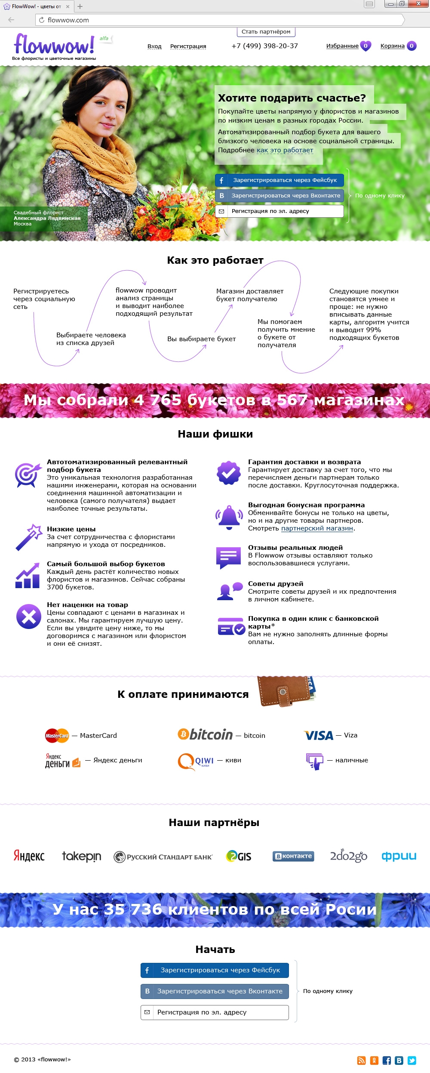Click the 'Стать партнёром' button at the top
[x=266, y=32]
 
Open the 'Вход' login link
[x=154, y=46]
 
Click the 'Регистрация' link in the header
[x=188, y=46]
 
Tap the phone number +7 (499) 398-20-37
[x=264, y=46]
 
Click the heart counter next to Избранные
[x=365, y=46]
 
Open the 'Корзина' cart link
[x=392, y=46]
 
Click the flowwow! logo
[x=54, y=45]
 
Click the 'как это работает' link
[x=285, y=150]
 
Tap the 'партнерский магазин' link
[x=317, y=528]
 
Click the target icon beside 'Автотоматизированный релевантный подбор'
[x=28, y=475]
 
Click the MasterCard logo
[x=57, y=735]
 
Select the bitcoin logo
[x=205, y=734]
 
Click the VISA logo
[x=319, y=735]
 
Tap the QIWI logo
[x=195, y=761]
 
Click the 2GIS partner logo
[x=239, y=856]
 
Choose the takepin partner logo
[x=81, y=856]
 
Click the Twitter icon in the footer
[x=412, y=1061]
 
